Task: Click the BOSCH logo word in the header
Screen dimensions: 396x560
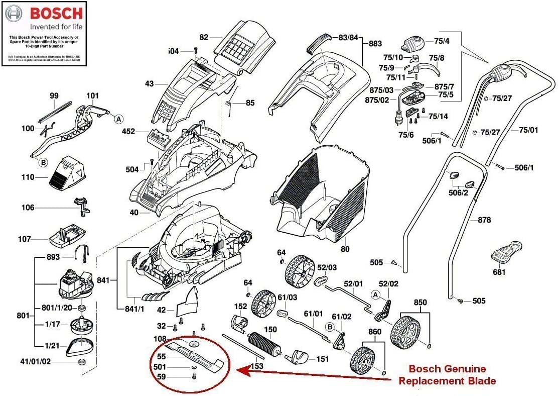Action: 56,13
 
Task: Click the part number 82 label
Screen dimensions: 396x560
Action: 203,37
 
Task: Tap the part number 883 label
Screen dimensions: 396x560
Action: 375,44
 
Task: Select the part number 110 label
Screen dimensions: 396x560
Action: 28,177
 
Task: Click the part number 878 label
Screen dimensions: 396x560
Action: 484,220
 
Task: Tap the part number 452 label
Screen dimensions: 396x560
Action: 129,132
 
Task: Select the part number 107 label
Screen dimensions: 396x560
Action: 25,239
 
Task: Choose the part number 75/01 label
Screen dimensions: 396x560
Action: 528,130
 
